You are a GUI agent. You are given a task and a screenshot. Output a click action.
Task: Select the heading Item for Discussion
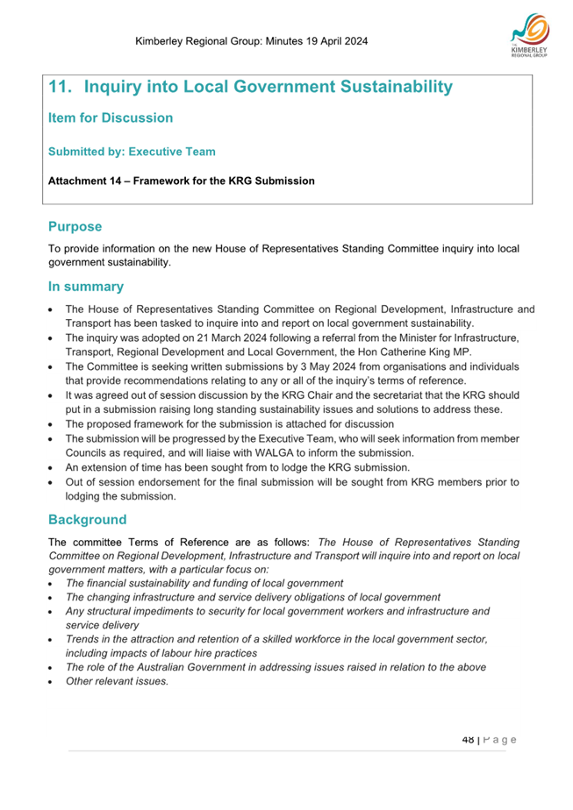[111, 117]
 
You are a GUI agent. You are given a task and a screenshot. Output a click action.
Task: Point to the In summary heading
[86, 287]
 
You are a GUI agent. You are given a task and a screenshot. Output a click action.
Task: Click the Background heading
[88, 520]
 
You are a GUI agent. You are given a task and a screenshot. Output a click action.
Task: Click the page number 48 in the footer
[468, 739]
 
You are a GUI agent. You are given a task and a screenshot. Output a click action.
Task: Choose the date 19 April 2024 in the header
[328, 41]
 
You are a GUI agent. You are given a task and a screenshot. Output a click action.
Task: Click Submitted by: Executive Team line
[132, 152]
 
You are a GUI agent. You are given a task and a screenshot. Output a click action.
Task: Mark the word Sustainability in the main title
[387, 88]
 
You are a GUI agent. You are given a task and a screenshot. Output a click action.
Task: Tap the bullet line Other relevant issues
[117, 681]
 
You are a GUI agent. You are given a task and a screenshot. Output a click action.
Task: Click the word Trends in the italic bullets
[82, 640]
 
